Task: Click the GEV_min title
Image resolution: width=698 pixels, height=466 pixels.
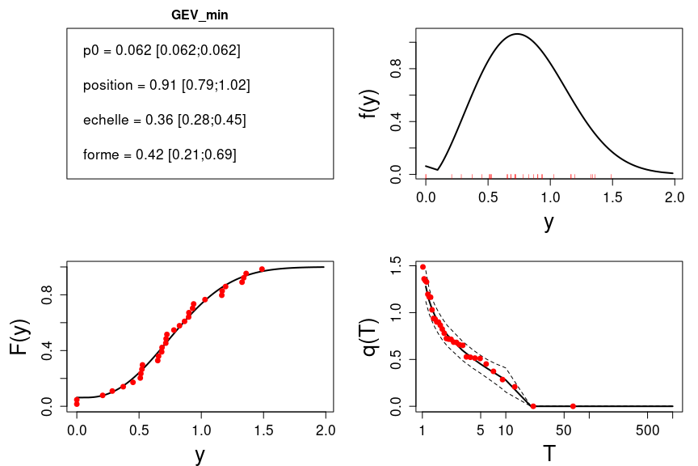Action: (x=200, y=15)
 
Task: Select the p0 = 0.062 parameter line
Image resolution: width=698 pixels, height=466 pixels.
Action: (x=162, y=50)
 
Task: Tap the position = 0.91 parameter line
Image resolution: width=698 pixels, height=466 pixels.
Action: (x=166, y=85)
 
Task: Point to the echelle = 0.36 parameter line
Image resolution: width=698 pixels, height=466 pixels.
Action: (x=164, y=120)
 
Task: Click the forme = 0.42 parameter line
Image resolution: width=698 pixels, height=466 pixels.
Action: (x=159, y=155)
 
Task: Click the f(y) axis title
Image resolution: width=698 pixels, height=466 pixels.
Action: (x=370, y=103)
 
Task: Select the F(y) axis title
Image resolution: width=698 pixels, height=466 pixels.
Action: (x=20, y=338)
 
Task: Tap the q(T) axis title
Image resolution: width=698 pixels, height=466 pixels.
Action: (x=370, y=338)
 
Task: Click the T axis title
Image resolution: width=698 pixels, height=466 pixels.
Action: (x=549, y=453)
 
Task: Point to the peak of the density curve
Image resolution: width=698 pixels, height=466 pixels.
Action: (x=515, y=34)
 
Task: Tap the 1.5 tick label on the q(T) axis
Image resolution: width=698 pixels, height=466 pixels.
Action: (x=396, y=264)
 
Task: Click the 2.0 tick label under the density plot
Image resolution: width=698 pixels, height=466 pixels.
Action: (x=674, y=197)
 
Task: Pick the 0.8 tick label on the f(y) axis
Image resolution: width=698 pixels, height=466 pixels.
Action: (x=396, y=69)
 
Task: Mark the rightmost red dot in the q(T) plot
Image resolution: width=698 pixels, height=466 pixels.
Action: (x=573, y=406)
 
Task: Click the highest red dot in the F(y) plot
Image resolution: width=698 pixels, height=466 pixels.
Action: (x=262, y=269)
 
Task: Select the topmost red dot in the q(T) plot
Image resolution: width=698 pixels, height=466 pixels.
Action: (x=423, y=266)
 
